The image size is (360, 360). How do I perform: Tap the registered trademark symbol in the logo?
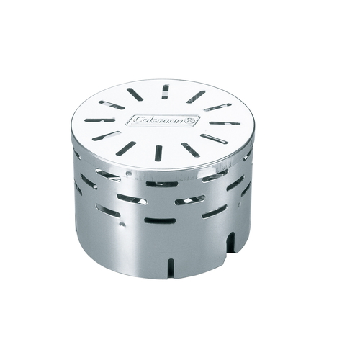[x=191, y=120]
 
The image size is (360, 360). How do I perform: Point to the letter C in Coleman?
[x=138, y=120]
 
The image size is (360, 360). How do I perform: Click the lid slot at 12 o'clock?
[x=165, y=91]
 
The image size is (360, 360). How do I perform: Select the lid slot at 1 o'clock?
[x=195, y=96]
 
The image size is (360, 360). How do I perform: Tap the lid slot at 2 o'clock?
[x=217, y=107]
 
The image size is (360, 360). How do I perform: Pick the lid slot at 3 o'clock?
[x=225, y=123]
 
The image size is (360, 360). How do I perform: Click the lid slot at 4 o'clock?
[x=213, y=138]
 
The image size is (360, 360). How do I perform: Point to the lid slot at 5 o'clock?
[x=191, y=150]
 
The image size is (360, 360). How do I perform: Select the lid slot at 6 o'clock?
[x=158, y=153]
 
